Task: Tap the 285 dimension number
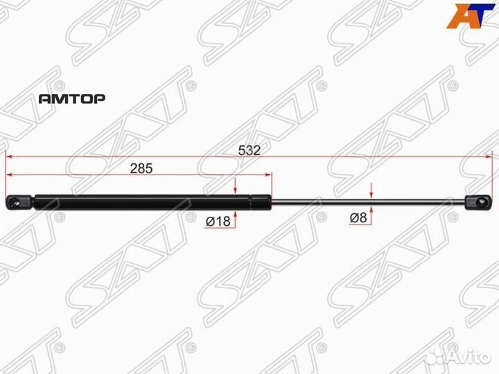tap(140, 169)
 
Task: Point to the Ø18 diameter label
tap(218, 220)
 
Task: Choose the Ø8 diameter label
tap(358, 218)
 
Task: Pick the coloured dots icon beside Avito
tap(434, 356)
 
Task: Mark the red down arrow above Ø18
tap(236, 187)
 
